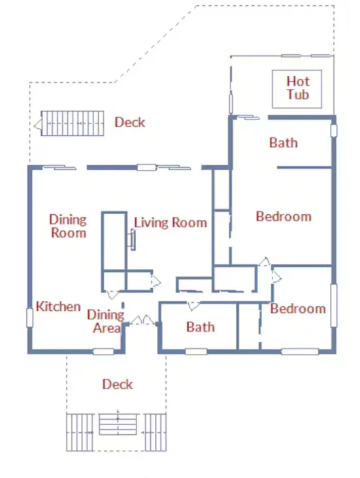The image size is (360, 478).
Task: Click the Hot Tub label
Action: [298, 88]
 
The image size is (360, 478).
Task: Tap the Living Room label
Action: [171, 223]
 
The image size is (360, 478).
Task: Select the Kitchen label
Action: [58, 306]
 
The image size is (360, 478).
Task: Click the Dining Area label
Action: [106, 321]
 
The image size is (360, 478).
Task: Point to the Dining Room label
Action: [68, 226]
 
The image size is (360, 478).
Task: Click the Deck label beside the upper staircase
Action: [129, 122]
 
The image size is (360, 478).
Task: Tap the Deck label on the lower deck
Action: [118, 384]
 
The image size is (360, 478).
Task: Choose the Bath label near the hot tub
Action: [284, 142]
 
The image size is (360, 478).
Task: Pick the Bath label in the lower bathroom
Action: [201, 327]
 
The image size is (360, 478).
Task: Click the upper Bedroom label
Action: [284, 216]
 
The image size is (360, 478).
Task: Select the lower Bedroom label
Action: [298, 308]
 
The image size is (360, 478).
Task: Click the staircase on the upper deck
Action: [73, 123]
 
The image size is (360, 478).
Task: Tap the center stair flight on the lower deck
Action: [118, 424]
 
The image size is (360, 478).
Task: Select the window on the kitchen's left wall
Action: [29, 317]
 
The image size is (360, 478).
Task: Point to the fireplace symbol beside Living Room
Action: [133, 240]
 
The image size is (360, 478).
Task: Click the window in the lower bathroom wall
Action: [196, 352]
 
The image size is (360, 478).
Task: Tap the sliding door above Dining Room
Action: [59, 167]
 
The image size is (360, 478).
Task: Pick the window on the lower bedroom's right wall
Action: [334, 306]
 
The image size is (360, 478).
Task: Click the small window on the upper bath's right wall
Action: [334, 131]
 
